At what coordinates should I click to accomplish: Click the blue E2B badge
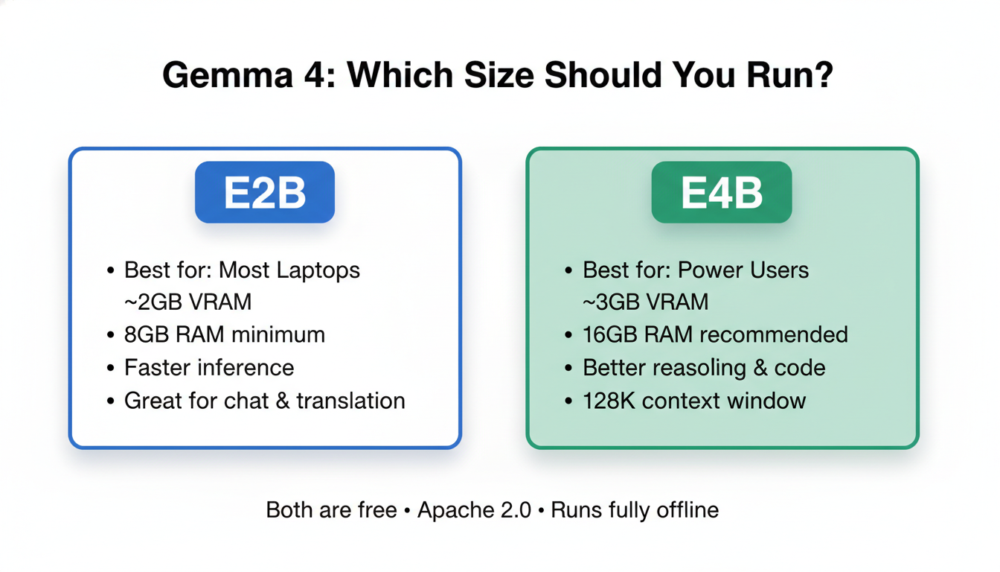[x=265, y=192]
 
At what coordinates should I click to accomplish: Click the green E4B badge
[x=721, y=192]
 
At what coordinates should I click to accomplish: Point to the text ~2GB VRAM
[x=187, y=302]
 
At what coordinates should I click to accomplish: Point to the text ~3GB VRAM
[x=645, y=302]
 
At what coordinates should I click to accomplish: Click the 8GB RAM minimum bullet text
[x=224, y=334]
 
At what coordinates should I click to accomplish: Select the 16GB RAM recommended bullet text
[x=715, y=334]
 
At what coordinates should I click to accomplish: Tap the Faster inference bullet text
[x=208, y=367]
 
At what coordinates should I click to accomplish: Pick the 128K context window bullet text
[x=694, y=400]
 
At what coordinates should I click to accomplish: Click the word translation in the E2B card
[x=350, y=400]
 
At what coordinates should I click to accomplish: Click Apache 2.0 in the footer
[x=475, y=510]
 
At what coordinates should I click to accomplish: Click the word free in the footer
[x=377, y=510]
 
